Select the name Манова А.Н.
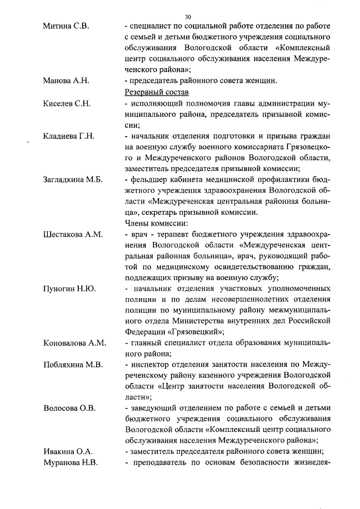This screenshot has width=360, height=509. [x=66, y=80]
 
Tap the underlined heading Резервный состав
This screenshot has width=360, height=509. [x=156, y=92]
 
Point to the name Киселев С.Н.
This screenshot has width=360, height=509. [x=67, y=104]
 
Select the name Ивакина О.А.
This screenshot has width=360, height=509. [x=68, y=451]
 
